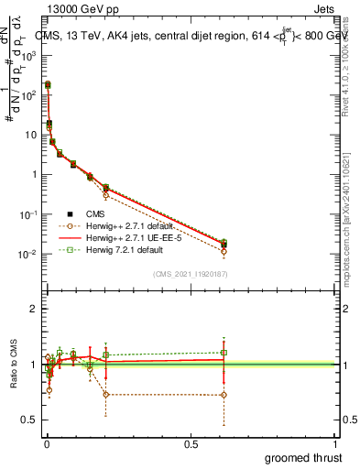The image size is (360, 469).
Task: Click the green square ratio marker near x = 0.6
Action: click(x=224, y=352)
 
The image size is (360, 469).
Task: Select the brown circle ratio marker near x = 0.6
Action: click(x=224, y=395)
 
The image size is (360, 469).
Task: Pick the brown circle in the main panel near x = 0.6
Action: click(x=224, y=251)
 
